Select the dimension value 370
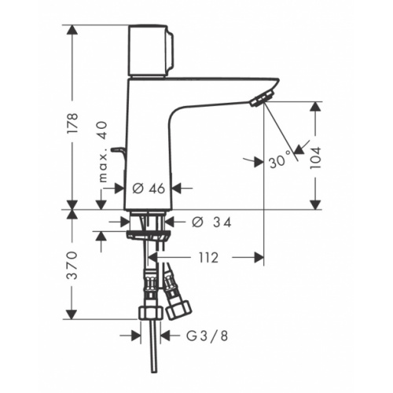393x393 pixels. coord(72,265)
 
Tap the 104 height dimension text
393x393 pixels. coord(315,155)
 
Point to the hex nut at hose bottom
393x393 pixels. coord(146,314)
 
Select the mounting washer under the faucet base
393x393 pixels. coord(145,233)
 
